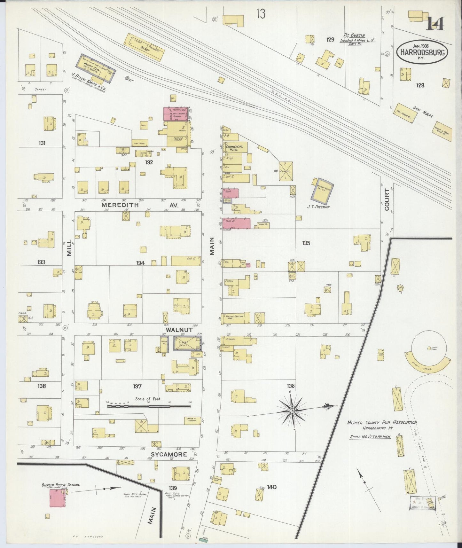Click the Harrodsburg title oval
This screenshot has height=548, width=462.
pyautogui.click(x=422, y=52)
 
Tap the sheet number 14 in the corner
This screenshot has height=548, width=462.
pyautogui.click(x=435, y=23)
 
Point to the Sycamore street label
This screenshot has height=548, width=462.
pyautogui.click(x=169, y=454)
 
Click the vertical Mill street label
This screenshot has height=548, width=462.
pyautogui.click(x=69, y=248)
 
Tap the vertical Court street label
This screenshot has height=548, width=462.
pyautogui.click(x=387, y=200)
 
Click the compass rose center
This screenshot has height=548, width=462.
pyautogui.click(x=292, y=410)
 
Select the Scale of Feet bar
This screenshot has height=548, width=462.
pyautogui.click(x=149, y=406)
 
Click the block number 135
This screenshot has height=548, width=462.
pyautogui.click(x=306, y=243)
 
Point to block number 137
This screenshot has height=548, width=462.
pyautogui.click(x=137, y=386)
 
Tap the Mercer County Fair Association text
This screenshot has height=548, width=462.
pyautogui.click(x=382, y=423)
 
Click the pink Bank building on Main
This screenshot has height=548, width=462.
pyautogui.click(x=231, y=193)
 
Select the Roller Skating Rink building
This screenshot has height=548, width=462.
pyautogui.click(x=236, y=317)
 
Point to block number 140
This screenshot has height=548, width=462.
pyautogui.click(x=272, y=487)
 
